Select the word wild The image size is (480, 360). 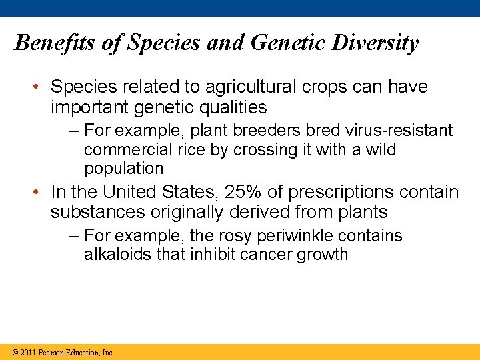[381, 149]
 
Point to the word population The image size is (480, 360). [123, 169]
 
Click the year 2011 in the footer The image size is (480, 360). [28, 353]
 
